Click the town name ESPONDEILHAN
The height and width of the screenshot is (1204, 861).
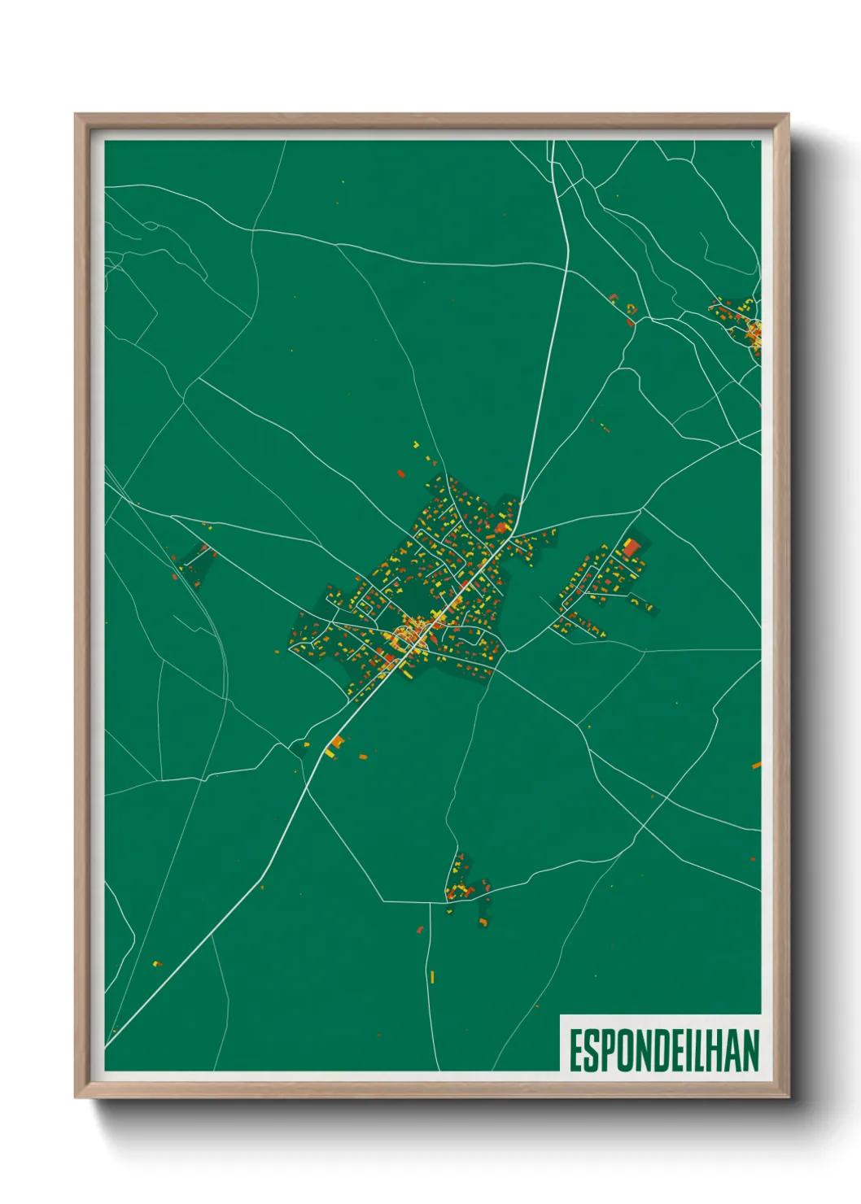[x=663, y=1050]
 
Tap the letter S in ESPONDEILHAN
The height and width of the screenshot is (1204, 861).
[x=592, y=1050]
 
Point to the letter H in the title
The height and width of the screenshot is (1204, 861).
[x=719, y=1050]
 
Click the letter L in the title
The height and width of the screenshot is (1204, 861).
[x=704, y=1050]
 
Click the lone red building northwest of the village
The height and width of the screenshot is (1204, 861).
[x=400, y=472]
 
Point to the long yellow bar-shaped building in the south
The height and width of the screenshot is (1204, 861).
[x=432, y=976]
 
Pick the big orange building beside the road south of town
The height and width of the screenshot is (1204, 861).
[x=336, y=742]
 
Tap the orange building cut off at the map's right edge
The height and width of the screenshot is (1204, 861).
[x=756, y=765]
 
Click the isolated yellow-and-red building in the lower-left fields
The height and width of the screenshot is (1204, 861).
[x=156, y=964]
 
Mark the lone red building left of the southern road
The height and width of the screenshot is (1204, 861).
[x=420, y=929]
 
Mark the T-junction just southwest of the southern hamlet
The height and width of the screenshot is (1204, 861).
[x=445, y=901]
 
